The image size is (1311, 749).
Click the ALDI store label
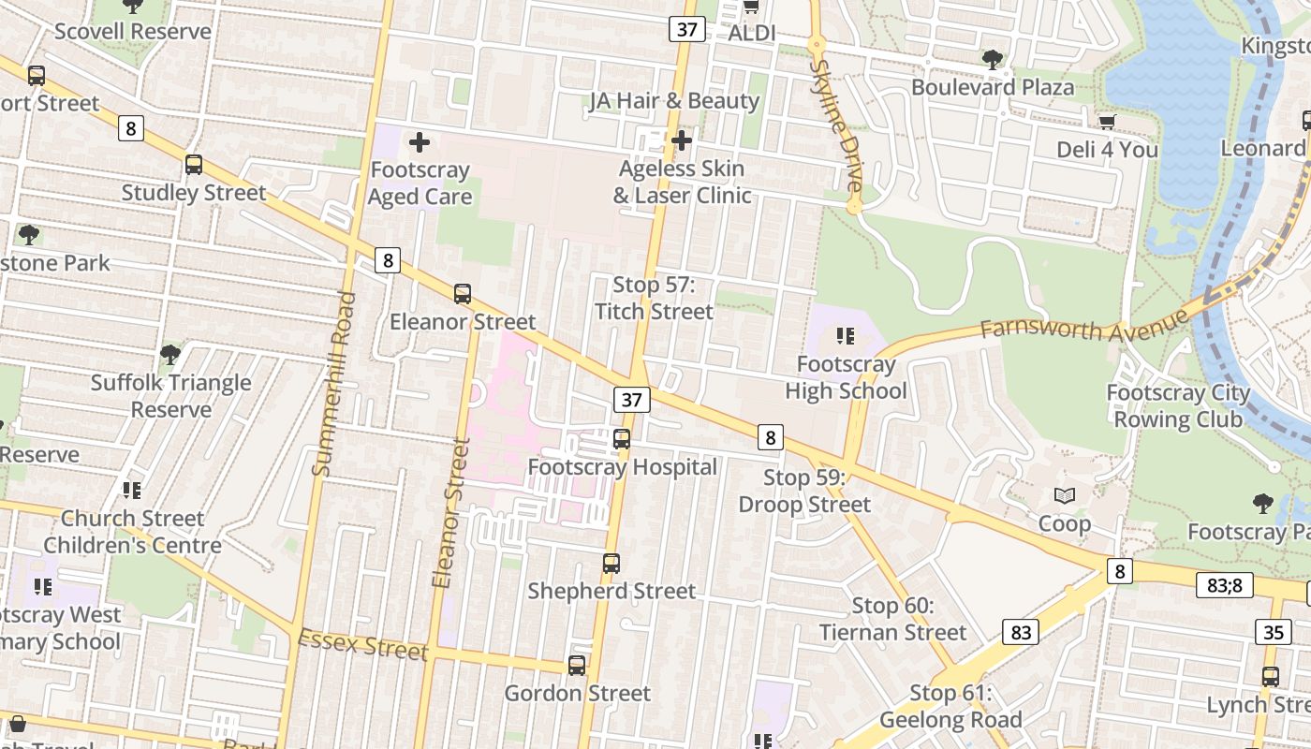click(x=752, y=33)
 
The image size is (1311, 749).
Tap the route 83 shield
click(x=1021, y=632)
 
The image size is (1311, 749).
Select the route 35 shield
click(x=1273, y=632)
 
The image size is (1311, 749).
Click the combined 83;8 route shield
click(x=1224, y=585)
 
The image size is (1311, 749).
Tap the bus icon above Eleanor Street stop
click(x=462, y=293)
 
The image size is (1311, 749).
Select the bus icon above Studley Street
click(x=194, y=165)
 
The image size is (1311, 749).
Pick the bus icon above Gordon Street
click(x=577, y=666)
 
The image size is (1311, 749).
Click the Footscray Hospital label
click(x=623, y=466)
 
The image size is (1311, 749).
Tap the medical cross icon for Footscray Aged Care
click(x=420, y=142)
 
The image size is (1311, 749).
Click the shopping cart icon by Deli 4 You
click(x=1107, y=122)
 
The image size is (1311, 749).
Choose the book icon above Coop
click(x=1065, y=495)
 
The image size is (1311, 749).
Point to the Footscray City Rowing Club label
click(x=1178, y=405)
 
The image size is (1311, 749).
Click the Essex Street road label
click(x=362, y=645)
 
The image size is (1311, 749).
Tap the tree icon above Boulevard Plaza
click(x=993, y=61)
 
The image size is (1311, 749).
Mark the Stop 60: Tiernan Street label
click(x=892, y=619)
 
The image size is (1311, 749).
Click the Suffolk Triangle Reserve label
click(x=171, y=396)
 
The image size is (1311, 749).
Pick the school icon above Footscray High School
click(x=846, y=335)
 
